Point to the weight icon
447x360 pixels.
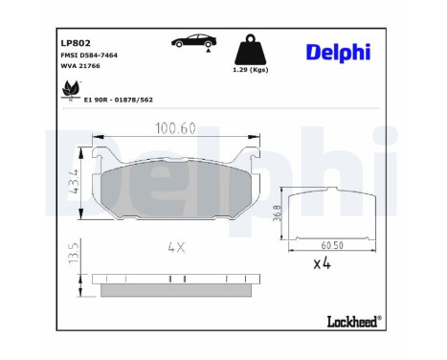pos(248,50)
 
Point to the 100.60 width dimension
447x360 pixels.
pos(179,126)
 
